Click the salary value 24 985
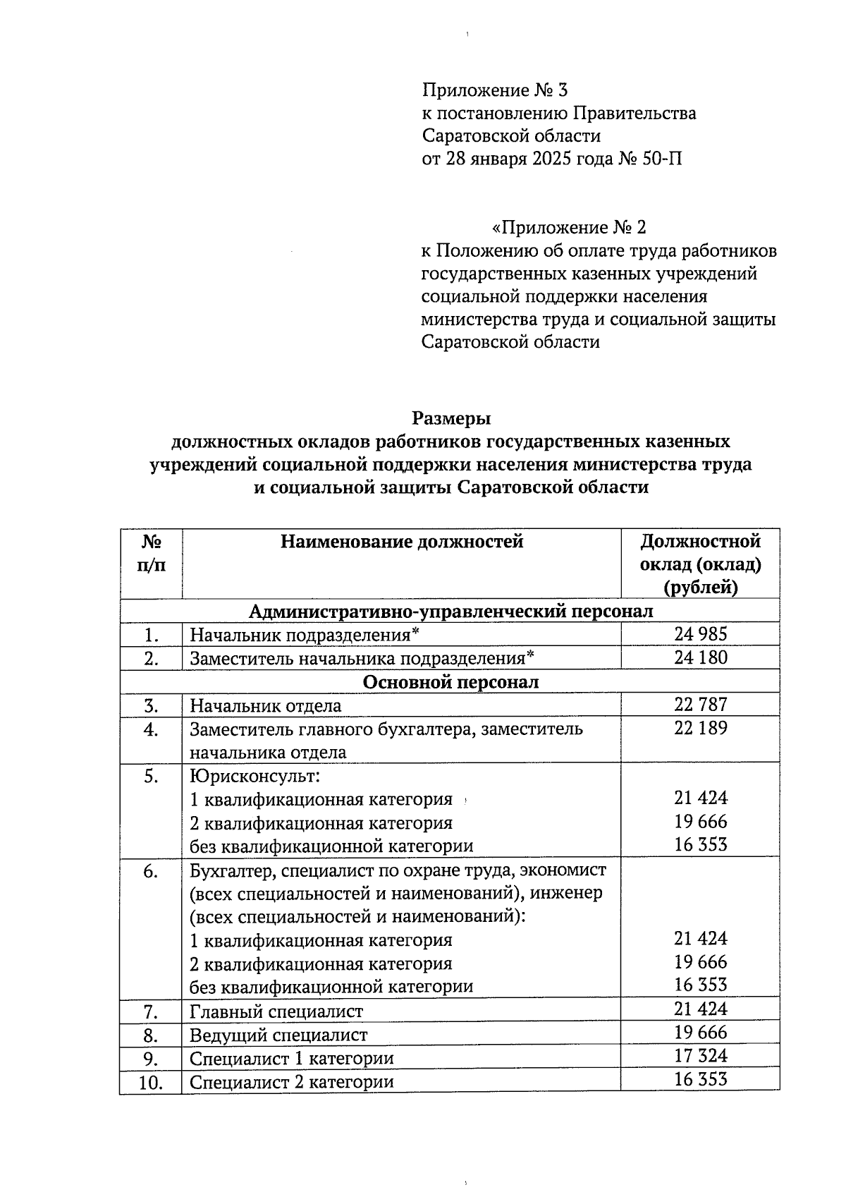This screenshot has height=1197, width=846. [699, 633]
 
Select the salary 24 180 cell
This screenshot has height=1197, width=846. [699, 657]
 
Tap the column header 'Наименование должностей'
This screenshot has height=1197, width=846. [402, 542]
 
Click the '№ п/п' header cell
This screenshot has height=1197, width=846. [151, 554]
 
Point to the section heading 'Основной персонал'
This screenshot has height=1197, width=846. [450, 682]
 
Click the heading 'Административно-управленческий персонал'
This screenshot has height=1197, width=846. [451, 611]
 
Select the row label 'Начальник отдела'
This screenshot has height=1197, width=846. [266, 705]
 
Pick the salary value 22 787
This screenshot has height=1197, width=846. [699, 704]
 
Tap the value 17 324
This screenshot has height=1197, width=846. [699, 1056]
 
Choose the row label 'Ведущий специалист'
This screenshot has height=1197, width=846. [278, 1035]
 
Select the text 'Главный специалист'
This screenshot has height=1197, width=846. [276, 1011]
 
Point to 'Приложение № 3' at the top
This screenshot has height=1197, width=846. [494, 90]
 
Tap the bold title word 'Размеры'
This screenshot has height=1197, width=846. [451, 418]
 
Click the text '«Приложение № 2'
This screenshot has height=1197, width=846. [568, 228]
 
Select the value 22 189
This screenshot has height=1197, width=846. [699, 728]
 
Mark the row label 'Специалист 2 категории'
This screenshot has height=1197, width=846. [292, 1082]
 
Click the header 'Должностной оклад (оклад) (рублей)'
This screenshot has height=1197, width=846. [699, 564]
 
